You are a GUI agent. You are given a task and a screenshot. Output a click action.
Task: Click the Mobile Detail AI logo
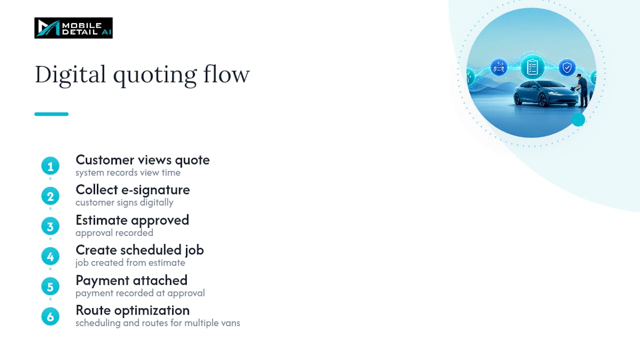click(x=73, y=28)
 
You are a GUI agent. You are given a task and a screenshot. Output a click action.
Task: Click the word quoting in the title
click(x=155, y=75)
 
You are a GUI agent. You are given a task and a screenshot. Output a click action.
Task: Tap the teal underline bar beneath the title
click(x=51, y=114)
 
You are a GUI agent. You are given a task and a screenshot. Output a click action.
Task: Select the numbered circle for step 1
click(x=50, y=165)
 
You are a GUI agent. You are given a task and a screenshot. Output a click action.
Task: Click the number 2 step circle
click(x=50, y=196)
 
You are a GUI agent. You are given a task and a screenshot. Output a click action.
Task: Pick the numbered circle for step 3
click(x=50, y=226)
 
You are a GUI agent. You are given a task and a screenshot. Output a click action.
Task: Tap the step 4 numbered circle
click(x=50, y=256)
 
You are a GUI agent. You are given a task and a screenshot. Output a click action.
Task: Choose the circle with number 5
click(x=50, y=286)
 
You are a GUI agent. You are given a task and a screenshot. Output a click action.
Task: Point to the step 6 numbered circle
click(x=50, y=316)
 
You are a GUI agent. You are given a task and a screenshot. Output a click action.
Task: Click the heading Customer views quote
click(x=142, y=160)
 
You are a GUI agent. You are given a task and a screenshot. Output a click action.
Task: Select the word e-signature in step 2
click(x=155, y=190)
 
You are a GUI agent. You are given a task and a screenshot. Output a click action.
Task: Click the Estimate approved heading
click(x=132, y=220)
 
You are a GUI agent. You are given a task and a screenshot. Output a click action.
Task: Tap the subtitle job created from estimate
click(x=130, y=262)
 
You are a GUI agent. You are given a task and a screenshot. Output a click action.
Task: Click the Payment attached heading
click(x=131, y=280)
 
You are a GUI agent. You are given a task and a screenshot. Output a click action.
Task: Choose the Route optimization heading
click(x=132, y=310)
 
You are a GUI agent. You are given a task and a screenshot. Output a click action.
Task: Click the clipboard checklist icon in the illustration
click(x=532, y=67)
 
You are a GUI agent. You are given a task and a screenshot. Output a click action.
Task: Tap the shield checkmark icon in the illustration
click(x=567, y=67)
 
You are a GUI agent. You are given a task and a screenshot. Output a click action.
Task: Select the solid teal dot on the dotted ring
click(x=578, y=119)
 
